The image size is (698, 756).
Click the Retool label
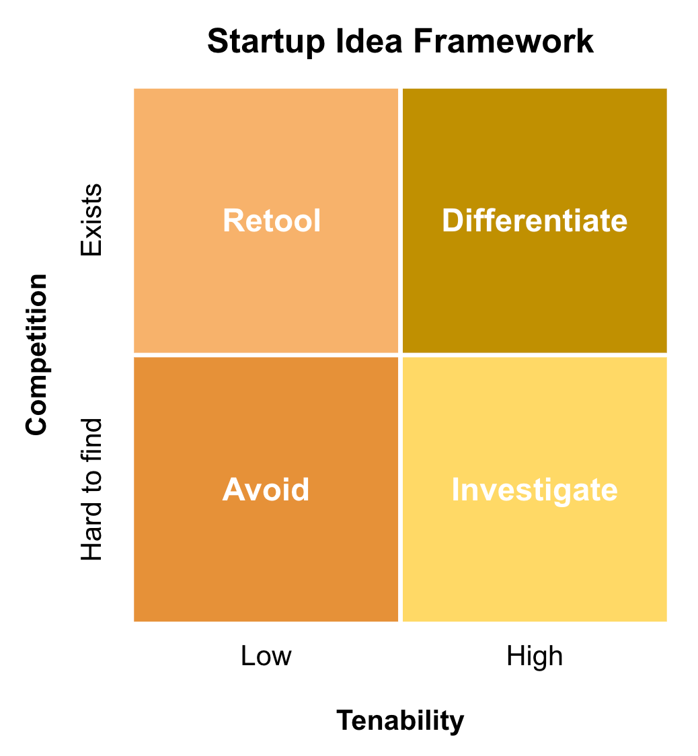tap(272, 221)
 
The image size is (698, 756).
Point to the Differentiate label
tap(535, 221)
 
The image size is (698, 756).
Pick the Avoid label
tap(266, 490)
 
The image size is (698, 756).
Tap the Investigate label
tap(535, 490)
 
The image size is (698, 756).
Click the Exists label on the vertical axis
tap(91, 220)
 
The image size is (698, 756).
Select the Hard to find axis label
tap(91, 490)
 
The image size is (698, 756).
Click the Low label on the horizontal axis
tap(266, 656)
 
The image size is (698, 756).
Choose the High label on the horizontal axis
tap(535, 656)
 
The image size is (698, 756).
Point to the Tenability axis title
tap(400, 720)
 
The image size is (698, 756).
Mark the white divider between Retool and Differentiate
tap(401, 221)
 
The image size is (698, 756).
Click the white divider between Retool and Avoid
tap(266, 354)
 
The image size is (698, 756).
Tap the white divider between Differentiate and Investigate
tap(535, 354)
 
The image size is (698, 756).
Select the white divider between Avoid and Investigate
tap(401, 490)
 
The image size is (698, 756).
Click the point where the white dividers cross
tap(401, 354)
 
